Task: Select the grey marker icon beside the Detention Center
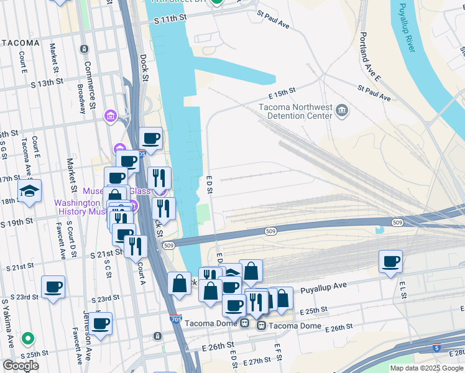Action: click(341, 111)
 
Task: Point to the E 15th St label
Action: click(282, 93)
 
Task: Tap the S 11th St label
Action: click(170, 21)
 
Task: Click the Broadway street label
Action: click(81, 98)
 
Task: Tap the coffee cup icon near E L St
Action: click(390, 261)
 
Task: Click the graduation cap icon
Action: click(29, 191)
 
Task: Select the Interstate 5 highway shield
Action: click(437, 348)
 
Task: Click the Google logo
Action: click(21, 366)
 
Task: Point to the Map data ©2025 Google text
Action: click(426, 368)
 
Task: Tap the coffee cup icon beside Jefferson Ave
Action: click(100, 323)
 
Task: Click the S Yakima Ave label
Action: click(7, 323)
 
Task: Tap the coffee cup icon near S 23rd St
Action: click(53, 287)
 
